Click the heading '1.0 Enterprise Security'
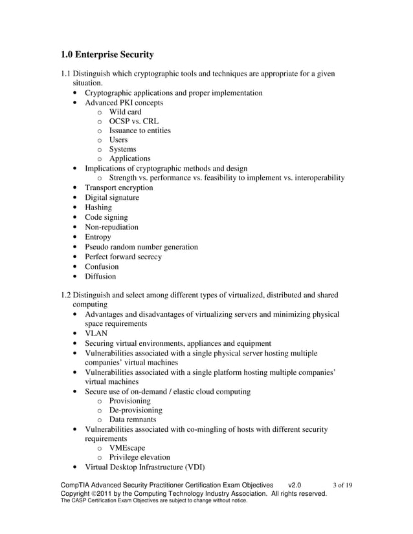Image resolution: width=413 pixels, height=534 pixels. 107,55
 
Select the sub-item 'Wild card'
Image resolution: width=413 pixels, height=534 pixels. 125,112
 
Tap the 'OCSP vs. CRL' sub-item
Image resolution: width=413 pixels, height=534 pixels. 133,122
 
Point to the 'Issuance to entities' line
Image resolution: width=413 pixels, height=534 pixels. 140,131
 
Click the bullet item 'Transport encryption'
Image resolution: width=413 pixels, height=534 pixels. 118,187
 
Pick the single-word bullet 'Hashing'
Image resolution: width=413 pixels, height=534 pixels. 98,208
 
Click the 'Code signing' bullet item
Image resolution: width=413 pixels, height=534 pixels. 106,217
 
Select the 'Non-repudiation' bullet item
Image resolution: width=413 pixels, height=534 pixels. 111,227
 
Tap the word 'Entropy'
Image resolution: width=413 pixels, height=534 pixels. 98,237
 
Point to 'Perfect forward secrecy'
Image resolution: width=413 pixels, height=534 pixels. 123,257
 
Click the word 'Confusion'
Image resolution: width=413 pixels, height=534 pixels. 102,266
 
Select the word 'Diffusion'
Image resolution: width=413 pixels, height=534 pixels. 100,277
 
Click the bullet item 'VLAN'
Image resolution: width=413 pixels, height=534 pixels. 96,334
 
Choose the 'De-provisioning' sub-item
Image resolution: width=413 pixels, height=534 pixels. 135,411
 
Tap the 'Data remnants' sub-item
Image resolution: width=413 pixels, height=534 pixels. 133,420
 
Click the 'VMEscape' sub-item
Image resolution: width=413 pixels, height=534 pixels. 127,448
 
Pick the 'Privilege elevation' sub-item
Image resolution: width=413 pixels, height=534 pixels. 139,458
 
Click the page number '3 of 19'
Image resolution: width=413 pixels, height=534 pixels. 342,485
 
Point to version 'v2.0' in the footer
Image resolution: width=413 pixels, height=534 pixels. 293,485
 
